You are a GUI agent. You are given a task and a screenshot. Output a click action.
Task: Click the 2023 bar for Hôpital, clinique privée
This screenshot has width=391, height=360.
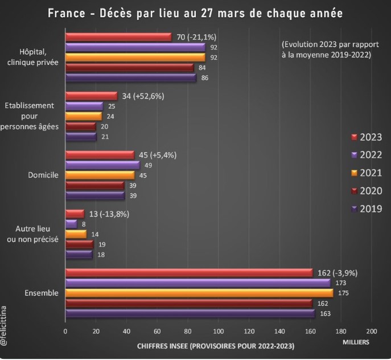click(x=118, y=37)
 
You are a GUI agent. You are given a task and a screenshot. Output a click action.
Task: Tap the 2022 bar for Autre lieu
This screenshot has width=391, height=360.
click(x=71, y=224)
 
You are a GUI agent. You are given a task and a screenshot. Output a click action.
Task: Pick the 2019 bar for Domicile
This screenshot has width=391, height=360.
click(x=95, y=195)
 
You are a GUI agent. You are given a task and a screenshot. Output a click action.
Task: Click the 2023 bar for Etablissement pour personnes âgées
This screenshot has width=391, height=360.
click(x=91, y=96)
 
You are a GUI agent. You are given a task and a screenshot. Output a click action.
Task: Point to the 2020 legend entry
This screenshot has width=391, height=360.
click(x=367, y=191)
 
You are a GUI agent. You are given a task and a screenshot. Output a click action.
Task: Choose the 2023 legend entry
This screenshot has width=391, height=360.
click(x=367, y=137)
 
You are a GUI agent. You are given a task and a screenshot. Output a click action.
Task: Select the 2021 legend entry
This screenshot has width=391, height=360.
click(x=367, y=173)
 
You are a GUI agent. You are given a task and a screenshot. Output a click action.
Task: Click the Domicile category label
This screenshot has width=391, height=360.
click(x=43, y=175)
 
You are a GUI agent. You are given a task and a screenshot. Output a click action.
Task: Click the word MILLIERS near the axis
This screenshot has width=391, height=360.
click(x=356, y=342)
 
